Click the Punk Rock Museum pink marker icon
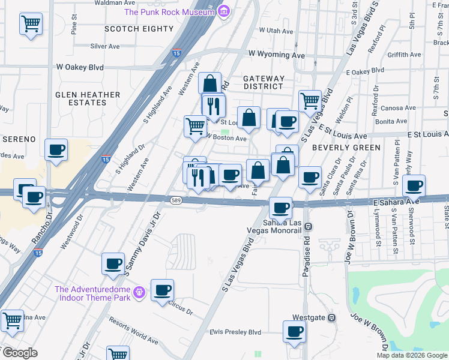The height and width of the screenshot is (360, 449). pyautogui.click(x=224, y=11)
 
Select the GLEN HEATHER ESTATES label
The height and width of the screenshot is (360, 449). pyautogui.click(x=88, y=99)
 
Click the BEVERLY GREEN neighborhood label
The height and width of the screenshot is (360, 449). pyautogui.click(x=346, y=148)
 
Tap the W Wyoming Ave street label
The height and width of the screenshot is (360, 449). pyautogui.click(x=277, y=55)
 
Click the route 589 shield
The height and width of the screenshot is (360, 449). pyautogui.click(x=175, y=200)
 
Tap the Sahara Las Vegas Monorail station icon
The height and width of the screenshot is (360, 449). pyautogui.click(x=307, y=226)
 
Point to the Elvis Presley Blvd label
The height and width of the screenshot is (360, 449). pyautogui.click(x=235, y=332)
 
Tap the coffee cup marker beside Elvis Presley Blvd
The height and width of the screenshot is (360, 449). pyautogui.click(x=294, y=331)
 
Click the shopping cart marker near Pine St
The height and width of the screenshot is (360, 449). pyautogui.click(x=31, y=25)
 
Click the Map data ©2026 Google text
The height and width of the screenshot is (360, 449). pyautogui.click(x=411, y=355)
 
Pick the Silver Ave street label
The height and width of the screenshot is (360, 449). pyautogui.click(x=105, y=46)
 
